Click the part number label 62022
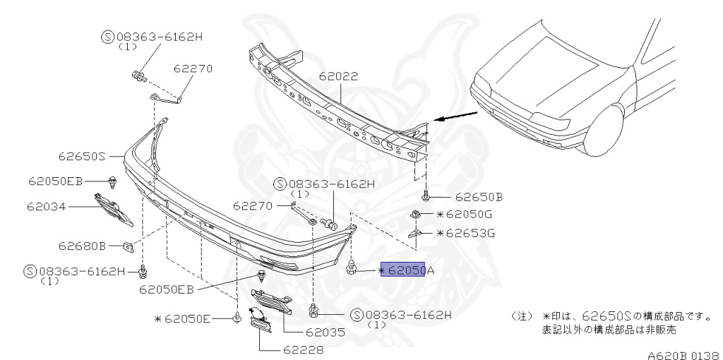coord(338,76)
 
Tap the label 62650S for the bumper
coord(82,156)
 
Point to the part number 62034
coord(46,206)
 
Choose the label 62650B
coord(479,197)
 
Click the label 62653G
coord(466,233)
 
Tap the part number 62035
coord(325,332)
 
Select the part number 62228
coord(304,350)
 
